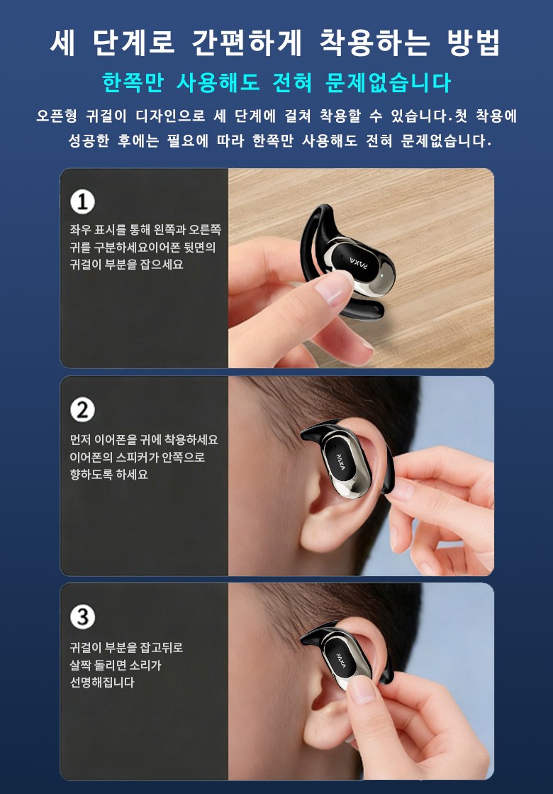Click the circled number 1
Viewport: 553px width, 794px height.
click(82, 202)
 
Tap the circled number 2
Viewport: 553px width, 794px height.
click(82, 409)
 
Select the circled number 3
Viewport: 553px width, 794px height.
click(82, 617)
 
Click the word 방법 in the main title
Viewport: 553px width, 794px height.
click(474, 43)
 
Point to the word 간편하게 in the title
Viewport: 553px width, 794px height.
click(247, 43)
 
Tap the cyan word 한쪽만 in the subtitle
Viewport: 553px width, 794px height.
click(133, 82)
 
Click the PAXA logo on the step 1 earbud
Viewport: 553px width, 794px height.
click(359, 263)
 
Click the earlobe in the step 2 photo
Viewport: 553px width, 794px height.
click(324, 536)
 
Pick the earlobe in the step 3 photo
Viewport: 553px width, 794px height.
click(324, 729)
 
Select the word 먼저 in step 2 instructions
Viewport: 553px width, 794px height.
click(79, 439)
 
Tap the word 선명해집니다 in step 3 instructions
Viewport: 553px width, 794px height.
click(102, 682)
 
